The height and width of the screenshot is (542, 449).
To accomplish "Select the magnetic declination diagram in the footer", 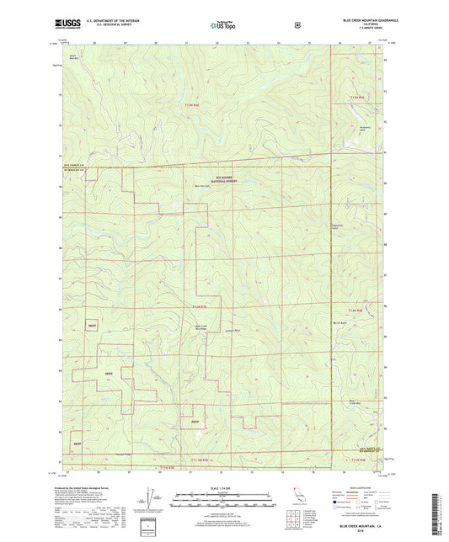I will click(151, 502).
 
